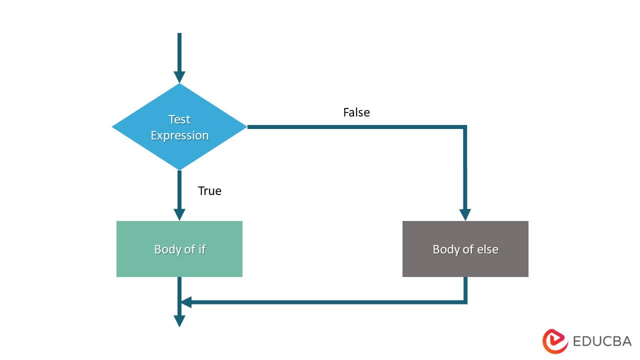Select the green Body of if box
coord(179,249)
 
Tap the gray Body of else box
coord(465,249)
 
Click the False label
coord(356,112)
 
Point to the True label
coord(209,190)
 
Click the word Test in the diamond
coord(179,119)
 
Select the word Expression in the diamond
coord(179,135)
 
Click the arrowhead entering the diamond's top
coord(179,77)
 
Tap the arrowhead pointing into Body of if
coord(179,214)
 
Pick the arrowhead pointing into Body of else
coord(465,214)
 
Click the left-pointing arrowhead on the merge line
coord(186,302)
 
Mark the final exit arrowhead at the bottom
coord(179,320)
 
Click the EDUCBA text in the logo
coord(602,341)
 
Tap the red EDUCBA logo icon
coord(555,341)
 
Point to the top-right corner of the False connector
coord(465,127)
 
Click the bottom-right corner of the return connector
coord(465,302)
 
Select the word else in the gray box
coord(487,249)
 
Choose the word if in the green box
coord(201,249)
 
